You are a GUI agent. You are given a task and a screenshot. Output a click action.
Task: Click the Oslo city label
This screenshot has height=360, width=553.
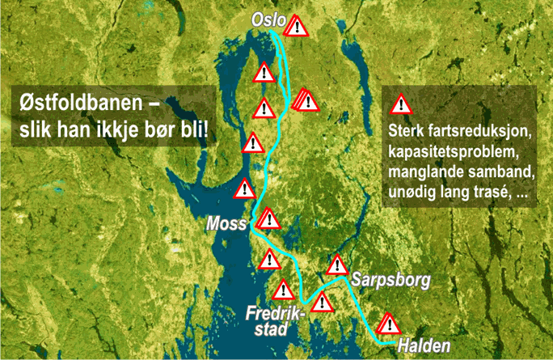(x=268, y=19)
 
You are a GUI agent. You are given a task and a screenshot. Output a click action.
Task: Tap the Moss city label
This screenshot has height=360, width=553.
(x=226, y=223)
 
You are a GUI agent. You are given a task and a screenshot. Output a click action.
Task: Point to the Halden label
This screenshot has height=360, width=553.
(x=424, y=345)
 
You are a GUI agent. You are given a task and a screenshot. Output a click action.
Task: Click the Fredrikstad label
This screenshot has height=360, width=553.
(x=272, y=318)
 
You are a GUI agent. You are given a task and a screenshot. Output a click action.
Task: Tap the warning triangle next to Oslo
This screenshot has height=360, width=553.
(x=299, y=27)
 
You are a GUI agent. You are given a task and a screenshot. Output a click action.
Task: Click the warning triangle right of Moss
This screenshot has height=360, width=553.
(x=269, y=219)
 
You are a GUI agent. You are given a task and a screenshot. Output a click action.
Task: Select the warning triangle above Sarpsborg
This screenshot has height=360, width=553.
(x=337, y=265)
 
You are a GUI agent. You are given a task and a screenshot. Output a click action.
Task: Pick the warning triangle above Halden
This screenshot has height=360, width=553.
(x=390, y=324)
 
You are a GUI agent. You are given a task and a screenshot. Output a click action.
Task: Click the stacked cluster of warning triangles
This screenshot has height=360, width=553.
(x=306, y=100)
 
